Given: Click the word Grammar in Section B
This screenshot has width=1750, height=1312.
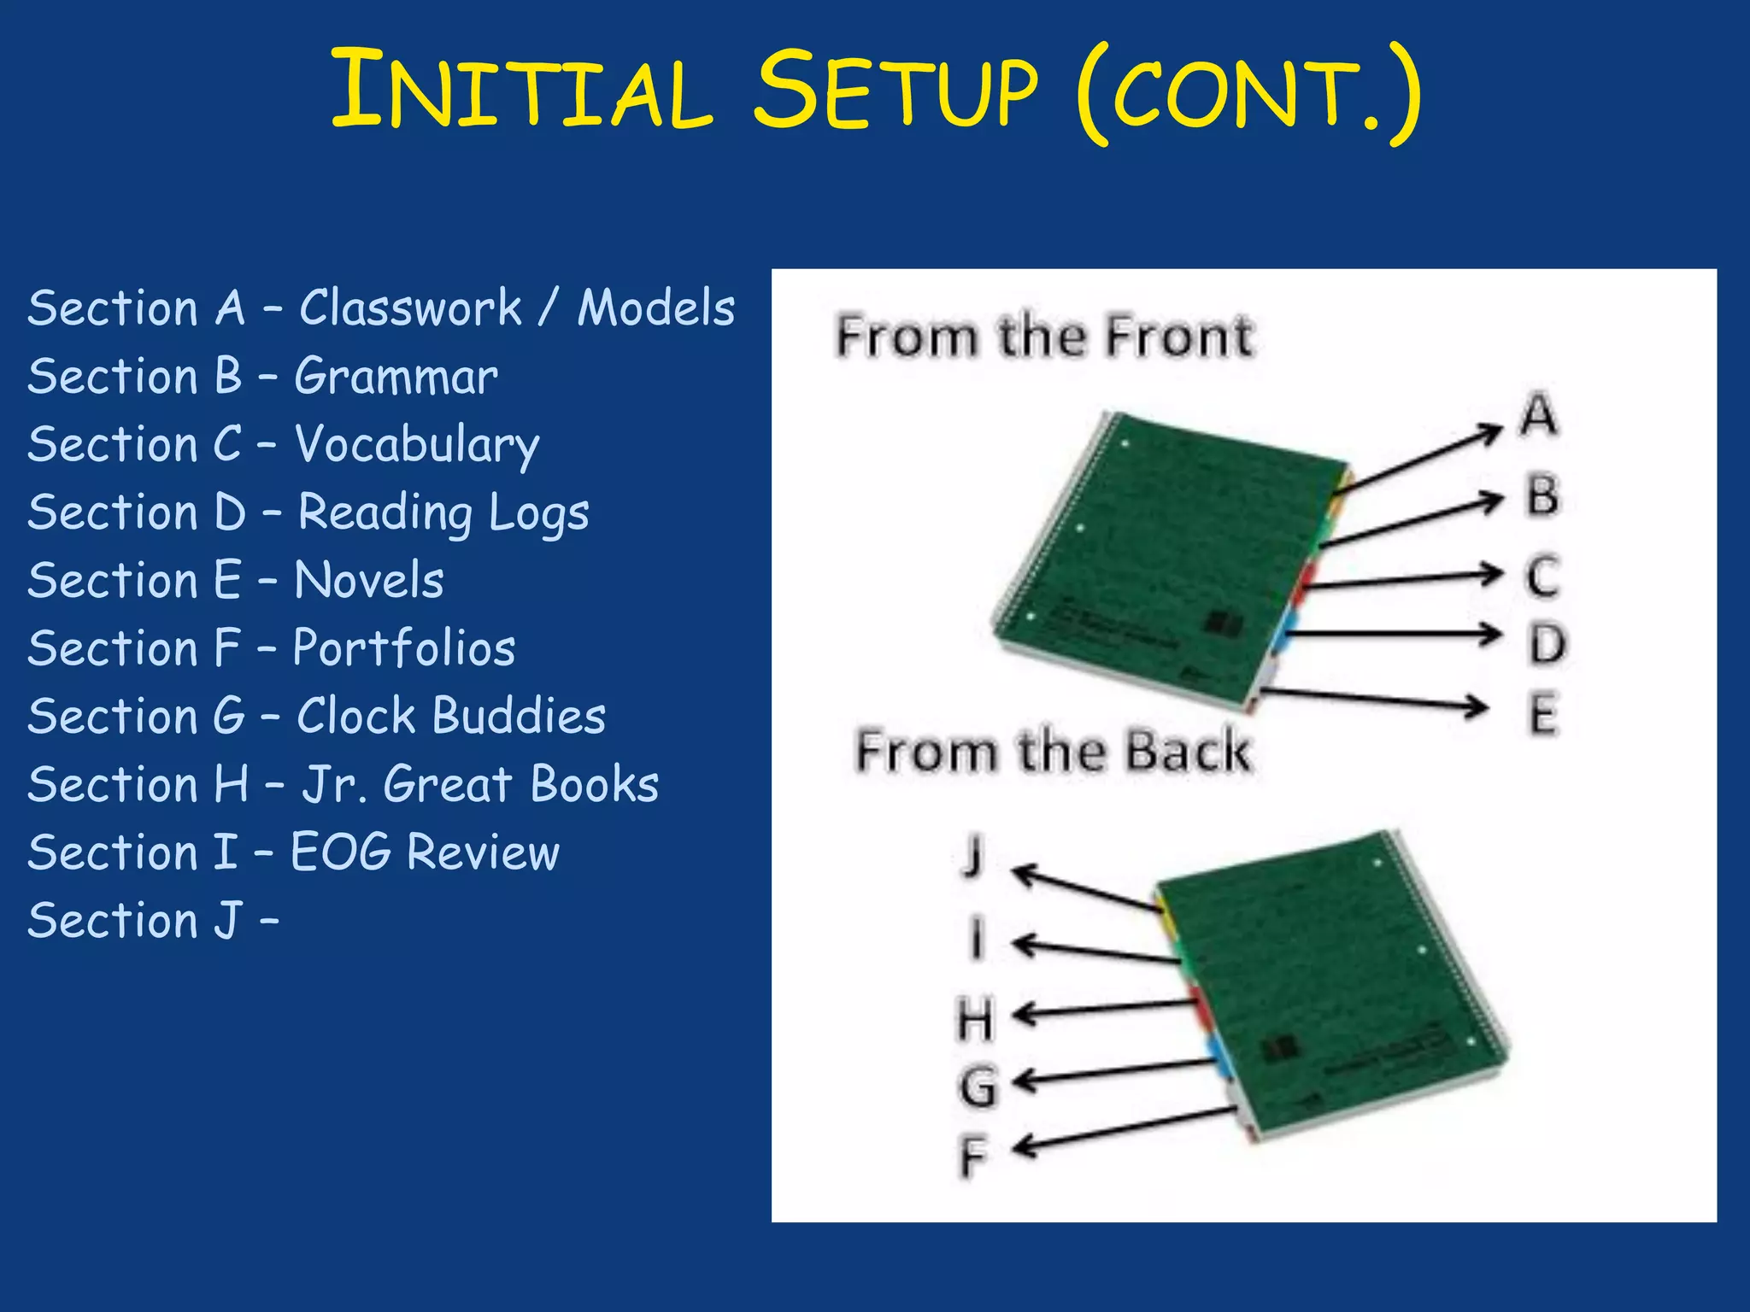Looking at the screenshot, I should click(396, 377).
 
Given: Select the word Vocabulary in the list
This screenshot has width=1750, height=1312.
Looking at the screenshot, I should click(417, 445).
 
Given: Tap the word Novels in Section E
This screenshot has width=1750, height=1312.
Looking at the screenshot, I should click(369, 581).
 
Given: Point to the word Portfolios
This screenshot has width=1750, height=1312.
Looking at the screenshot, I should click(404, 648).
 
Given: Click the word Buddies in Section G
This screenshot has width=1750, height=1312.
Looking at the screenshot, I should click(519, 716).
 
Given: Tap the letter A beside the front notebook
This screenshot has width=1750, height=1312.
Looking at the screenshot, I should click(1539, 415).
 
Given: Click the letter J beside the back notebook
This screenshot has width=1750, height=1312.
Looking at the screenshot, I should click(973, 855).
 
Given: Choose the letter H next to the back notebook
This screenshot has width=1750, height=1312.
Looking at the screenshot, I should click(975, 1020).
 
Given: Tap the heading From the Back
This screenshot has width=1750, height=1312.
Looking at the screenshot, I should click(1053, 751).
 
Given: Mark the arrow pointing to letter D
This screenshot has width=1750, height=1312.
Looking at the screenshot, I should click(1393, 634).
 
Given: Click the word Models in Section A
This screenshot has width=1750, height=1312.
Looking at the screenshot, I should click(655, 308).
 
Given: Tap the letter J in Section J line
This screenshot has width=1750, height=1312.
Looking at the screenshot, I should click(227, 921).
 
